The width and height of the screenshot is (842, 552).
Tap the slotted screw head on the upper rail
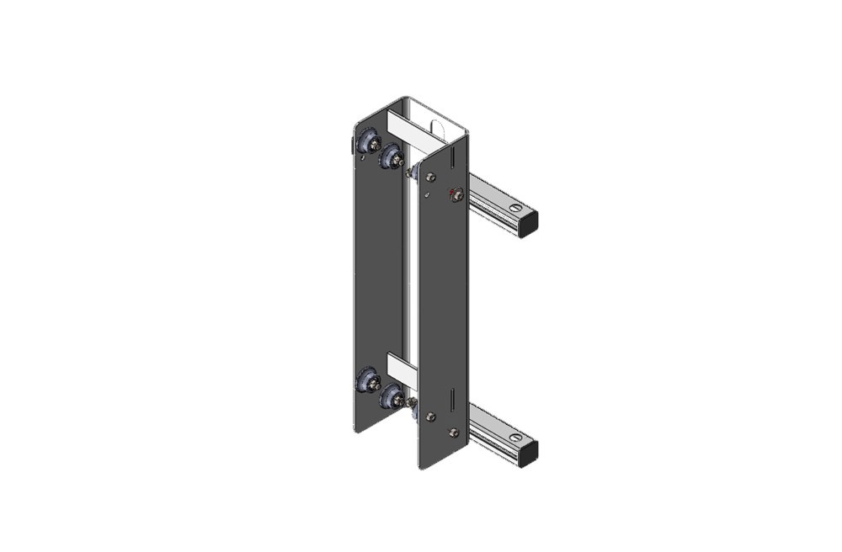point(516,207)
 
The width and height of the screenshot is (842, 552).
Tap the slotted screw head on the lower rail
point(516,438)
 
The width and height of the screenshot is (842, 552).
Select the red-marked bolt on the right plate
point(456,195)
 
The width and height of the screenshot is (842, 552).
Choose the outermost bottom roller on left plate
point(368,379)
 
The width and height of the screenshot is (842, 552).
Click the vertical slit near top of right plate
point(453,157)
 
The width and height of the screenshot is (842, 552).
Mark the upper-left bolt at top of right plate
point(431,177)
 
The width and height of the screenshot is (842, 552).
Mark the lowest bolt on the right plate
point(455,433)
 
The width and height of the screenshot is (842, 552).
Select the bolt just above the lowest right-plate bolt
point(431,417)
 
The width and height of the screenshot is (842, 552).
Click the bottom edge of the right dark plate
point(443,462)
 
